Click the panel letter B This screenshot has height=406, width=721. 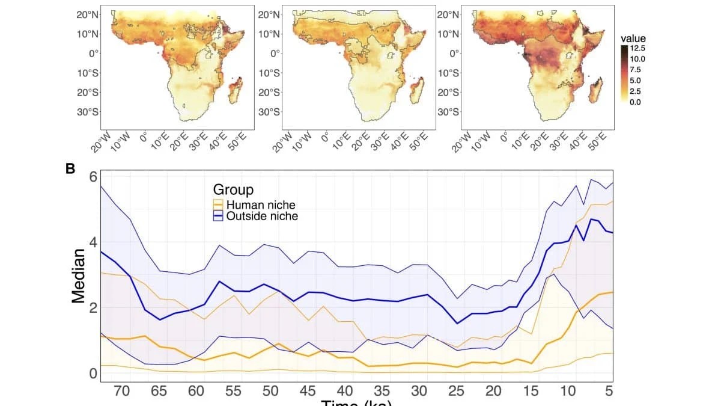pos(70,169)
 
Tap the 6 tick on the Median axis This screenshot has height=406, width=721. pos(93,177)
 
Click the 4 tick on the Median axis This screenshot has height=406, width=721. pos(93,242)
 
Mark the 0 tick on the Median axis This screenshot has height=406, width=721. pos(93,373)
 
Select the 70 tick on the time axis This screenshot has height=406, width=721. pos(122,391)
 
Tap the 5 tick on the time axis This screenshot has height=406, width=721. pos(609,391)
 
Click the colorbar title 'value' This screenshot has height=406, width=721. pos(633,38)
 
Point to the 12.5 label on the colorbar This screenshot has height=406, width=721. pos(638,48)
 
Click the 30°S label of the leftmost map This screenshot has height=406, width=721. pos(88,112)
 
